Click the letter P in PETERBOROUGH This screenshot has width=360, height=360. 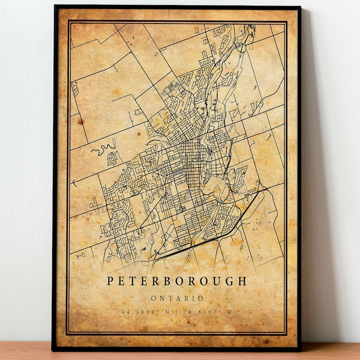110,282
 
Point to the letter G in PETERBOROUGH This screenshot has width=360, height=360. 230,282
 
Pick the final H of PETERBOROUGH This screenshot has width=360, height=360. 244,282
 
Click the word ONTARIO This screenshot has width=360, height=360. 177,298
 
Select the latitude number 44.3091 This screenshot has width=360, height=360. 133,312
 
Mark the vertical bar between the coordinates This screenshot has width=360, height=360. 177,312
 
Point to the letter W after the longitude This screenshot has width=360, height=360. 231,312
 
